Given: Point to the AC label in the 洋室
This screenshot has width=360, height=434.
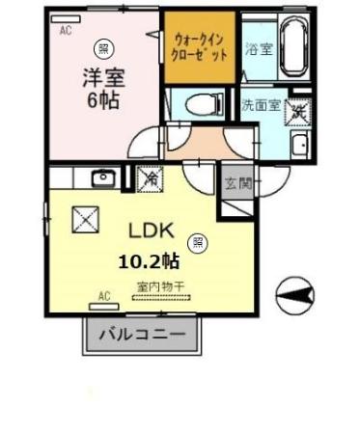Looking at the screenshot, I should click(x=66, y=30).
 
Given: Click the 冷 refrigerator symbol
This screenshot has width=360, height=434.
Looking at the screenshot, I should click(x=150, y=177).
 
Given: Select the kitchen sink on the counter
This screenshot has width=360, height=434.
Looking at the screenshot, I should click(x=102, y=177).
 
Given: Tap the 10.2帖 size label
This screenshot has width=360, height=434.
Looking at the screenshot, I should click(x=149, y=260).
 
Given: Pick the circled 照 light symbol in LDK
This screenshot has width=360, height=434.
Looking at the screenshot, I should click(x=198, y=242).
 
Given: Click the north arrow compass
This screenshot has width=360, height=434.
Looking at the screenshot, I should click(x=293, y=289).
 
